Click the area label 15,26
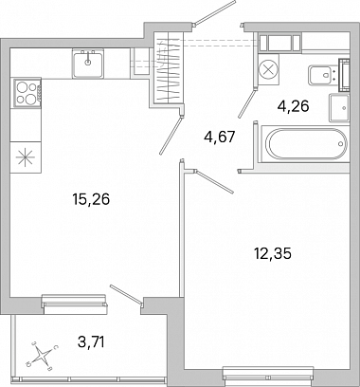click(91, 199)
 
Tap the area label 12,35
click(273, 254)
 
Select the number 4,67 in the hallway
click(220, 138)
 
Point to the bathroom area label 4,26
click(293, 106)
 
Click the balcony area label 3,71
click(91, 341)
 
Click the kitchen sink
click(88, 64)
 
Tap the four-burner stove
click(27, 93)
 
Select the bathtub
click(305, 144)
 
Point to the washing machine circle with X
click(269, 69)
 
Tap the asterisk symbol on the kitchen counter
click(26, 157)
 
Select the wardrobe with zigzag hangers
click(168, 67)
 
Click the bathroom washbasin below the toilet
click(339, 107)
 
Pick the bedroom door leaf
click(214, 181)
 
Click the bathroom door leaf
click(246, 103)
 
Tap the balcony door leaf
click(126, 294)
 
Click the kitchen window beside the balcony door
click(75, 304)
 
